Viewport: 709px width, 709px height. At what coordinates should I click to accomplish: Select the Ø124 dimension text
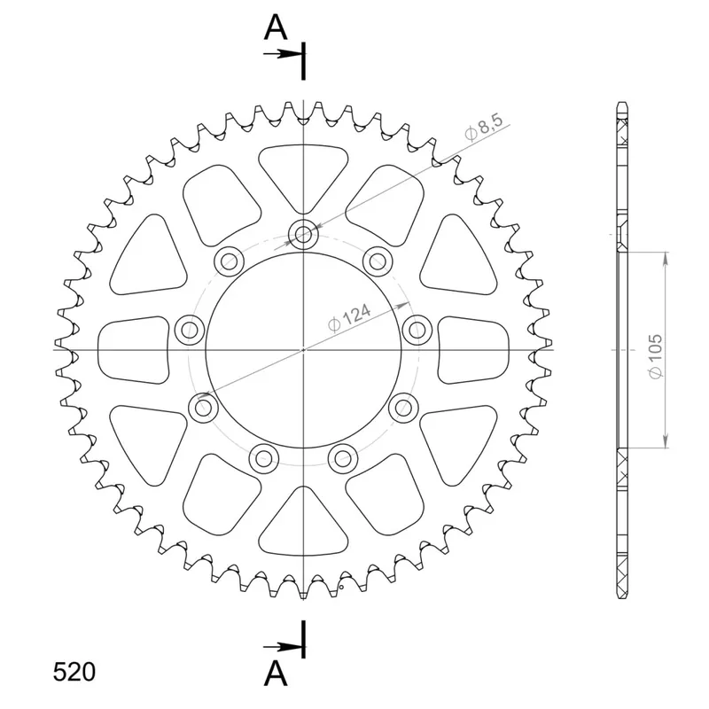tap(349, 317)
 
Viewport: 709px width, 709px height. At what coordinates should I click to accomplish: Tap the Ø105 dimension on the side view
tap(655, 356)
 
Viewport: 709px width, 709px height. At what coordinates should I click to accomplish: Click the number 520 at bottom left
tap(74, 672)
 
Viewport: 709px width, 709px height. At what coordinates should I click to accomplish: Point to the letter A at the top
tap(276, 27)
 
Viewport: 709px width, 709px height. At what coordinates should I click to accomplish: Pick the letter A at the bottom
tap(276, 674)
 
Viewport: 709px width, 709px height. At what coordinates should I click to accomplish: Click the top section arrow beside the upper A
tap(283, 54)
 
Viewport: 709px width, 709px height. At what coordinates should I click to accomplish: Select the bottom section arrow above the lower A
tap(283, 647)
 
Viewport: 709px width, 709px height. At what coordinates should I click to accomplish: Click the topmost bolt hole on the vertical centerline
tap(303, 234)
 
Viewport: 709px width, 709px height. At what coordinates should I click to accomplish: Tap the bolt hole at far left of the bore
tap(190, 330)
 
